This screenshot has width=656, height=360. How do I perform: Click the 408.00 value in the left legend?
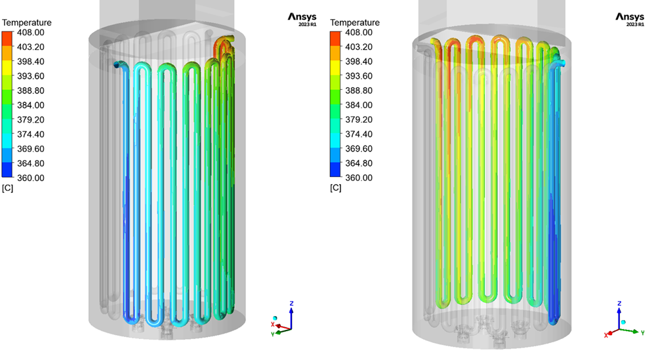[31, 33]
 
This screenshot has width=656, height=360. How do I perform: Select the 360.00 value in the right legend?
[359, 178]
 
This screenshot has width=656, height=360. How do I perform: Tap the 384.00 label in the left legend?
[31, 106]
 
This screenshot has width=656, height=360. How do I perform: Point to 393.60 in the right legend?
[359, 76]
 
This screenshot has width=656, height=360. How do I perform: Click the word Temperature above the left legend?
[27, 22]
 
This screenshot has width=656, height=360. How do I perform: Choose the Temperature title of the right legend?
[355, 22]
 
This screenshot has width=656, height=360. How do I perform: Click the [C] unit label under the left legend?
[7, 188]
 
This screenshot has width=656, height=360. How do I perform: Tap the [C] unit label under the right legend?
[335, 188]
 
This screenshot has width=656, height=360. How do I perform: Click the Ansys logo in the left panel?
[302, 19]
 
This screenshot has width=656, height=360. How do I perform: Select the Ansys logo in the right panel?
[630, 19]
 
